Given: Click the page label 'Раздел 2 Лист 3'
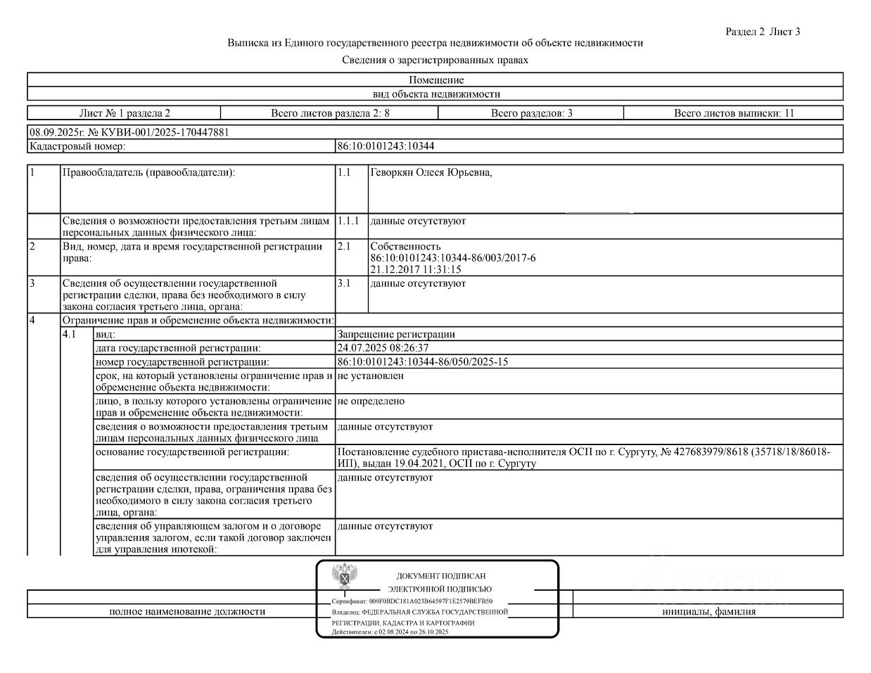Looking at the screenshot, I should pyautogui.click(x=762, y=32).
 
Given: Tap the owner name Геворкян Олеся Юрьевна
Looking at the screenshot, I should pyautogui.click(x=431, y=173).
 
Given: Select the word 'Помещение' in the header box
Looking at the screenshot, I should pyautogui.click(x=436, y=79).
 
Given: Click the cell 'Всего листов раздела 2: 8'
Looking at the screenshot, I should pyautogui.click(x=330, y=113).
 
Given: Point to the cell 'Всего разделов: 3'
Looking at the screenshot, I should pyautogui.click(x=531, y=113).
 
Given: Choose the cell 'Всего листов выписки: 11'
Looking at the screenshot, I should pyautogui.click(x=734, y=113).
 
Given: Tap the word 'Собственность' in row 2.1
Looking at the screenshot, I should pyautogui.click(x=405, y=246).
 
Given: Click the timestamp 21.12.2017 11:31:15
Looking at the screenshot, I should pyautogui.click(x=416, y=269).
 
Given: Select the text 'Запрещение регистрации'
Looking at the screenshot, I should pyautogui.click(x=396, y=335).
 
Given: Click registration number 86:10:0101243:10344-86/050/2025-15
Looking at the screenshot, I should pyautogui.click(x=423, y=362).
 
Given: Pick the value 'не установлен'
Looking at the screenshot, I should pyautogui.click(x=370, y=376).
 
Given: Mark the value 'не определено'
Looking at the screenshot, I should pyautogui.click(x=371, y=401).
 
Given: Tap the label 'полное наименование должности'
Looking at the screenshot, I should pyautogui.click(x=187, y=612).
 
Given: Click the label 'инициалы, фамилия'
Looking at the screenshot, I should pyautogui.click(x=708, y=612).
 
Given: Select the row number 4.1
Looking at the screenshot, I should pyautogui.click(x=69, y=335).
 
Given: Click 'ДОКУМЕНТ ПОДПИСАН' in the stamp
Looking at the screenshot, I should pyautogui.click(x=440, y=576).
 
